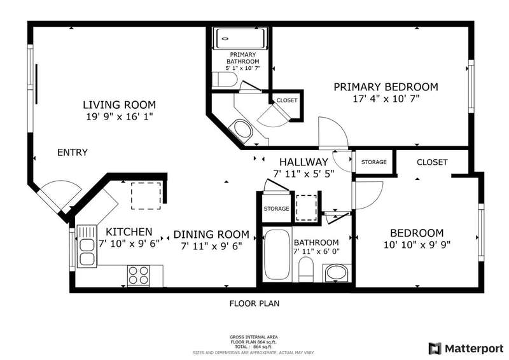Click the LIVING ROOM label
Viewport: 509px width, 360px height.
point(119,105)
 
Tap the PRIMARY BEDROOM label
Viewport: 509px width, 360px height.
point(386,87)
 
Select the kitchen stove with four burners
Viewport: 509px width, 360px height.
point(139,275)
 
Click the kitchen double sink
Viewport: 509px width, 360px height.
point(87,246)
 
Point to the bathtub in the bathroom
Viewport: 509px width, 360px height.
point(277,255)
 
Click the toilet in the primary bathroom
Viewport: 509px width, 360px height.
point(225,80)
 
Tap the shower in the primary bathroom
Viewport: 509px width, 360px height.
point(241,39)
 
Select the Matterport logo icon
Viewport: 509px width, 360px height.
point(435,349)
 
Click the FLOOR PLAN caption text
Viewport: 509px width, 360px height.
point(254,303)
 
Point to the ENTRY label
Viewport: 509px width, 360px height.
point(73,152)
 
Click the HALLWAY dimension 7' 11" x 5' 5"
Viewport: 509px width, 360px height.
point(303,174)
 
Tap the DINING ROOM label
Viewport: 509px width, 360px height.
point(211,234)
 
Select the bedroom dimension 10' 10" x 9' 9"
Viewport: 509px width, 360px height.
point(417,244)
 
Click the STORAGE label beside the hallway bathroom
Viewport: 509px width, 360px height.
point(276,209)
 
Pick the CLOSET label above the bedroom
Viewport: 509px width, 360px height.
point(432,162)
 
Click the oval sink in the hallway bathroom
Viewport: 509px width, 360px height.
point(337,273)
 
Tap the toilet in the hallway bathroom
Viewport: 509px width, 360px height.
point(305,270)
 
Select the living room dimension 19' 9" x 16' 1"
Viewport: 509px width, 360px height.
point(119,116)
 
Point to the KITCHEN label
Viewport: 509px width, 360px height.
point(129,232)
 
